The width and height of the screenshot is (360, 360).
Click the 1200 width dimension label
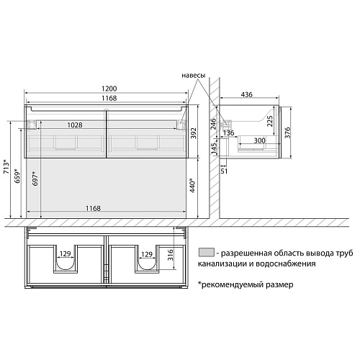(x=109, y=89)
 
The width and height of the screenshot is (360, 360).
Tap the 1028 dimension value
(x=75, y=125)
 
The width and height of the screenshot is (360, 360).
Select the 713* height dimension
(x=6, y=166)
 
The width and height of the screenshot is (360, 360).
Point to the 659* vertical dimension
(x=18, y=176)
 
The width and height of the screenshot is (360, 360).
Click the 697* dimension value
(x=35, y=179)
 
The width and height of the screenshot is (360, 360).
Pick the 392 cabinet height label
(x=193, y=133)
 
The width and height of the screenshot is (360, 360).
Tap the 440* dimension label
(x=192, y=185)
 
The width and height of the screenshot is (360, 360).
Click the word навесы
(x=194, y=76)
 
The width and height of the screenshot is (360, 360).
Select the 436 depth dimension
(x=247, y=94)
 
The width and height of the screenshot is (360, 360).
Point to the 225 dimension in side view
(x=270, y=121)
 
